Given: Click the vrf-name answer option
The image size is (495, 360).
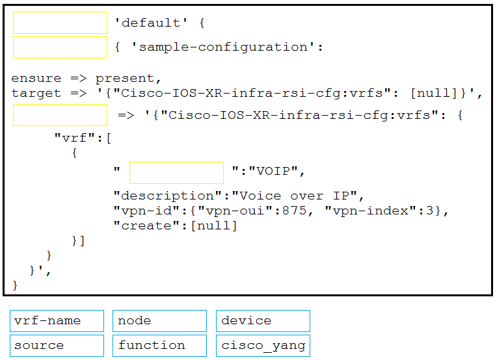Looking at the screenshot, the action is [57, 321].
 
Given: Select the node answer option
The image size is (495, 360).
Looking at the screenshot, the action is [160, 321].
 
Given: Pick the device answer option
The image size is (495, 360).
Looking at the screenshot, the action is [263, 321].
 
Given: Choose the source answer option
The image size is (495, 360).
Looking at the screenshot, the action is [57, 346].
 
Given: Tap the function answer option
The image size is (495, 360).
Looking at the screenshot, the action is [160, 346].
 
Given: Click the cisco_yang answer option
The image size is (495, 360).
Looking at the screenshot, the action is [263, 346].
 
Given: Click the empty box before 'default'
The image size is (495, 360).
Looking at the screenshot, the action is [60, 23].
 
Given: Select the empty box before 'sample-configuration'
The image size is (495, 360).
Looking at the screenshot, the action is [60, 47].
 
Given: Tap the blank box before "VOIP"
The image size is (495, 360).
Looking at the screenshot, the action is [176, 173].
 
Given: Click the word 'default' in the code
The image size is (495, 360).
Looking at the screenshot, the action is [151, 23].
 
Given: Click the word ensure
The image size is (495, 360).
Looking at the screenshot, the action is [36, 78].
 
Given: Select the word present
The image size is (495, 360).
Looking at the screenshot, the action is [128, 79].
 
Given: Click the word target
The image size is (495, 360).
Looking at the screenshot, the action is [36, 94].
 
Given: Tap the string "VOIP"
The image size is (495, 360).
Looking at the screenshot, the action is [273, 171].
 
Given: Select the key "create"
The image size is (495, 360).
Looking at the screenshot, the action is [146, 225].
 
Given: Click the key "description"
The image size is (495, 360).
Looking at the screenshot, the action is [168, 196].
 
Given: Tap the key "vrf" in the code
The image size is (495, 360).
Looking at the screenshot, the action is [75, 138].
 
